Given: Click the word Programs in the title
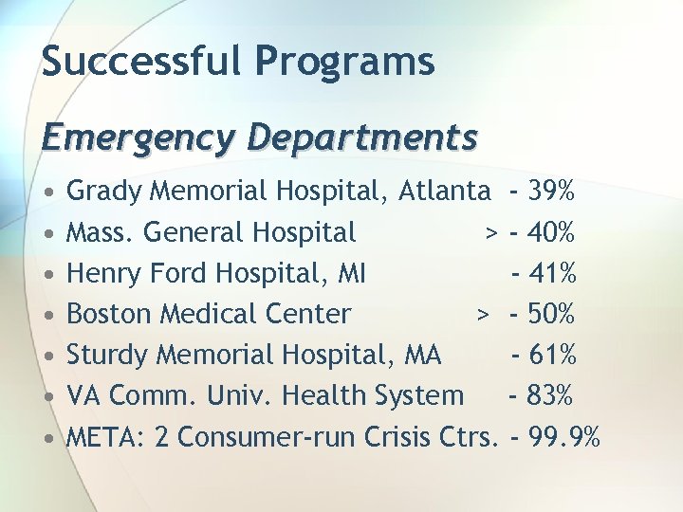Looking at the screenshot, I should (x=345, y=63).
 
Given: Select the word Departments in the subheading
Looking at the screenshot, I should (x=361, y=138).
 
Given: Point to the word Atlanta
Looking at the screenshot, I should (x=445, y=192).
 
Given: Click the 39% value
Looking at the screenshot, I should (x=552, y=192).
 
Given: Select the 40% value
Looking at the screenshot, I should (x=553, y=232).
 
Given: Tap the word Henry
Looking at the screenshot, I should (x=102, y=273).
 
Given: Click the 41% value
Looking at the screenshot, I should (x=554, y=273).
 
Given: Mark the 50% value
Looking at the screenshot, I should (x=553, y=314).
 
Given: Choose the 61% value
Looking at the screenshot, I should (x=554, y=355).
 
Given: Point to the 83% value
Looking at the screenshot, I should (x=552, y=395).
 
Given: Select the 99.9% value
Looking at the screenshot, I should (x=565, y=436).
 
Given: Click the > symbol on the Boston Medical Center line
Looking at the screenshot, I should (x=483, y=314).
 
